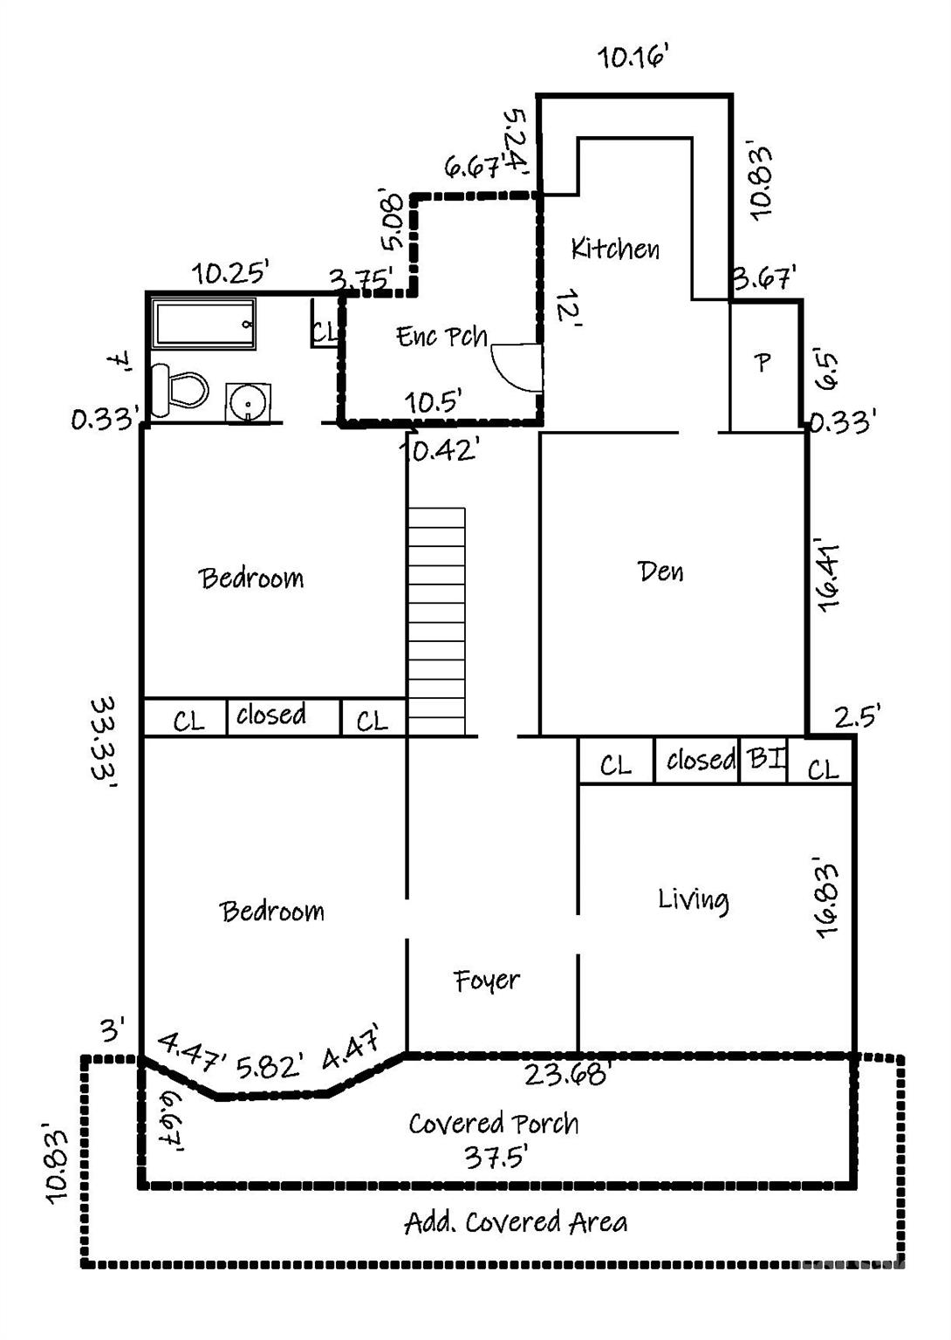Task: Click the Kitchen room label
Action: tap(615, 249)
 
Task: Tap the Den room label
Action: tap(660, 571)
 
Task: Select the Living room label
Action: tap(693, 899)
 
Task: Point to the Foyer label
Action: tap(486, 981)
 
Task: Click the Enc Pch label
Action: tap(441, 336)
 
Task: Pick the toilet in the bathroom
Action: tap(180, 389)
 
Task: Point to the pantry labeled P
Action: tap(763, 362)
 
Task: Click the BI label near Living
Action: tap(765, 757)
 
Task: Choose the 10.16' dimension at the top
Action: tap(633, 58)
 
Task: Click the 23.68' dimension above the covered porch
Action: tap(565, 1073)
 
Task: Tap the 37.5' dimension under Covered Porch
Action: tap(495, 1157)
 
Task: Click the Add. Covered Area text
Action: tap(516, 1222)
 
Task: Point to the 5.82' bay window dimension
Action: tap(270, 1066)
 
